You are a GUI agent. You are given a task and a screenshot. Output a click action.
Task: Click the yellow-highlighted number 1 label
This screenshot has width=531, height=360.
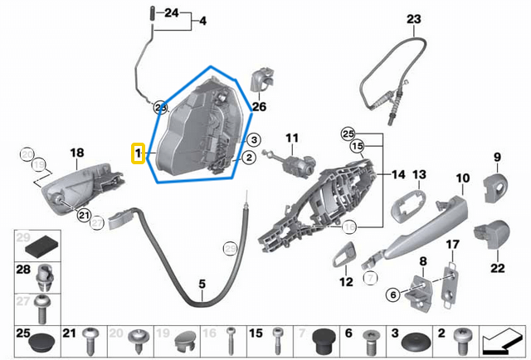(139, 153)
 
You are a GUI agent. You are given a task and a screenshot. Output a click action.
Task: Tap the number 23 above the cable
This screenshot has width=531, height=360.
(413, 19)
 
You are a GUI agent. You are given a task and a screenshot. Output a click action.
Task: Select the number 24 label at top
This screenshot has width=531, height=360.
(171, 13)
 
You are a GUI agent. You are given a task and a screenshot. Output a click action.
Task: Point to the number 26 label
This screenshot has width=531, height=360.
(259, 106)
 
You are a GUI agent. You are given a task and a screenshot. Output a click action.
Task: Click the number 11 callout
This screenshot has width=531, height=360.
(291, 136)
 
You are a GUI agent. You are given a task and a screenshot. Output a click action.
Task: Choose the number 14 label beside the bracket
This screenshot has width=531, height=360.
(398, 175)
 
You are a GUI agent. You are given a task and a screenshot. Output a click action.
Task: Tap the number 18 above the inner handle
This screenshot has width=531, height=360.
(76, 153)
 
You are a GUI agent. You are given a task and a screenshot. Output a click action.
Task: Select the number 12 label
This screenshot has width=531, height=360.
(347, 282)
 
